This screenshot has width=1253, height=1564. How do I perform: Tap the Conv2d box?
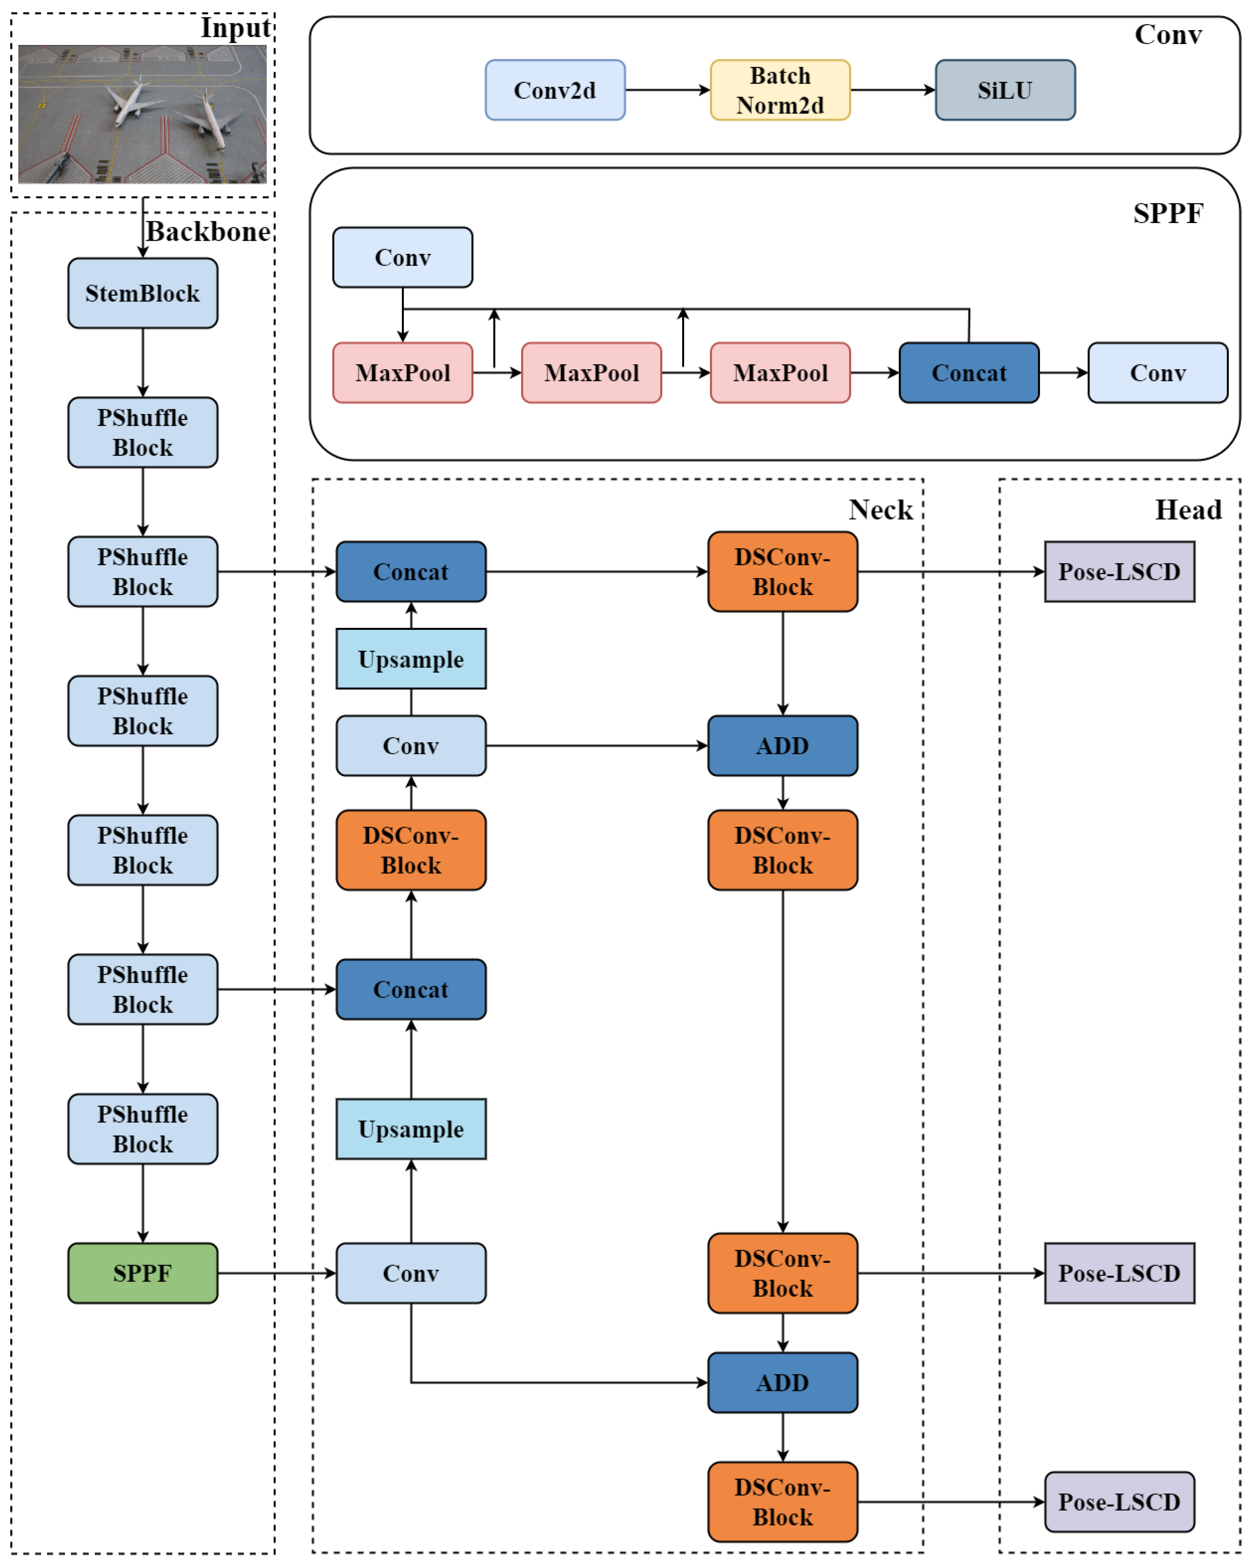tap(555, 90)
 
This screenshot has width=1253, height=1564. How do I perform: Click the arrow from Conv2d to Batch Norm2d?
tap(667, 90)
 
